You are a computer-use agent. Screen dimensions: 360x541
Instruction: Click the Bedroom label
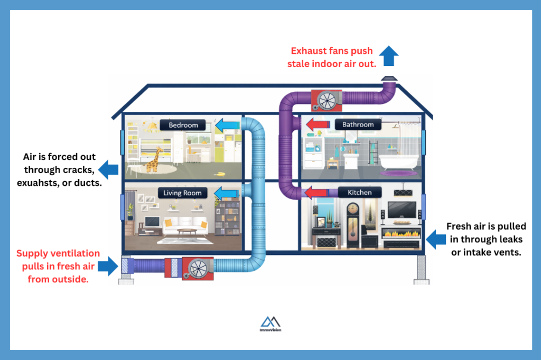(183, 125)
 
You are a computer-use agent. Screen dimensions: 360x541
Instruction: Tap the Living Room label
(182, 193)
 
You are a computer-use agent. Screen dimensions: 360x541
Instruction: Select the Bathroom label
(358, 125)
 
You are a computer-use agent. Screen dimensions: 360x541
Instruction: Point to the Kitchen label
(359, 193)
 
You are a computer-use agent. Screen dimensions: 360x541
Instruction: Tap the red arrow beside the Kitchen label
(316, 192)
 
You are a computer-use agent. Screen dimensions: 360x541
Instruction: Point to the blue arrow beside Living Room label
(226, 193)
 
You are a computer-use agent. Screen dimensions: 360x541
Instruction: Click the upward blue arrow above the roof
(389, 55)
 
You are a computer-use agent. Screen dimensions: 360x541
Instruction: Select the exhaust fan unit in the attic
(327, 100)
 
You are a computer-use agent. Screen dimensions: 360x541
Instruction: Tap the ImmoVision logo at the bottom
(270, 324)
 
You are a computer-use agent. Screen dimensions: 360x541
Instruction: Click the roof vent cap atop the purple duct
(390, 79)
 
